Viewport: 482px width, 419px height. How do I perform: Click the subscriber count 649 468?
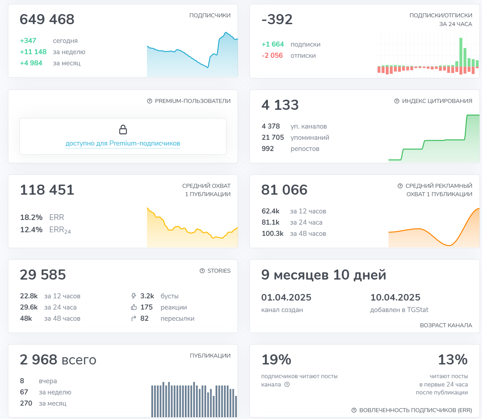[47, 20]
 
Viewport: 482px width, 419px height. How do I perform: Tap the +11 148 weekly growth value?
[33, 52]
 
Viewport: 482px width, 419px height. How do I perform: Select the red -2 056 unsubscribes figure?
[272, 56]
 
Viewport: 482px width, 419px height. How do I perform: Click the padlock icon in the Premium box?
[123, 129]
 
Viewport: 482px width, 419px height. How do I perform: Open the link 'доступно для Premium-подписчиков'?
[123, 143]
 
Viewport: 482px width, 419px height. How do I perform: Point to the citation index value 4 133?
[280, 105]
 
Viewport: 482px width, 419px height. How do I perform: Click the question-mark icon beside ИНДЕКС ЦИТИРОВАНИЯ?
[397, 101]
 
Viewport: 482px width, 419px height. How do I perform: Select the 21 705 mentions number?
[273, 138]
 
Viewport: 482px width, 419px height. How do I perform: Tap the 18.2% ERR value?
[31, 217]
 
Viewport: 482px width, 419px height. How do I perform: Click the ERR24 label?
[60, 230]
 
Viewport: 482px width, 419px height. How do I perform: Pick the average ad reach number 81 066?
[285, 190]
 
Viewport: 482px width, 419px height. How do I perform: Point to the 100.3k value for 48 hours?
[273, 234]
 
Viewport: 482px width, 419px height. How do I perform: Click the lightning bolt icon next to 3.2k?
[134, 296]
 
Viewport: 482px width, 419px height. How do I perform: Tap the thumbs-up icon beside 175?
[134, 307]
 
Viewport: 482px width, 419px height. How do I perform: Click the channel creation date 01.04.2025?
[286, 298]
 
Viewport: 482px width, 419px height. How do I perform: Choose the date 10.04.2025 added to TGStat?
[395, 298]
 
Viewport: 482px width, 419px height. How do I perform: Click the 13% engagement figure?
[453, 360]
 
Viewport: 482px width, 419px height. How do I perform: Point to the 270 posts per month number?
[26, 403]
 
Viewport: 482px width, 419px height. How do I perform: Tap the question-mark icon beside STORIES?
[202, 271]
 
